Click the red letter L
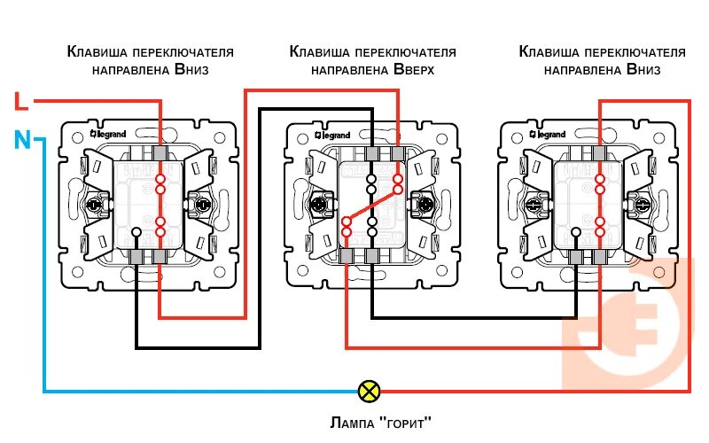pyautogui.click(x=22, y=102)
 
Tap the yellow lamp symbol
pyautogui.click(x=367, y=390)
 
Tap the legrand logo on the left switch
pyautogui.click(x=108, y=135)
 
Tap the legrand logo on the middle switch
pyautogui.click(x=331, y=135)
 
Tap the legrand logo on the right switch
pyautogui.click(x=551, y=135)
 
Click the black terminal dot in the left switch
pyautogui.click(x=136, y=233)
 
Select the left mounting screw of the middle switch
pyautogui.click(x=316, y=206)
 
